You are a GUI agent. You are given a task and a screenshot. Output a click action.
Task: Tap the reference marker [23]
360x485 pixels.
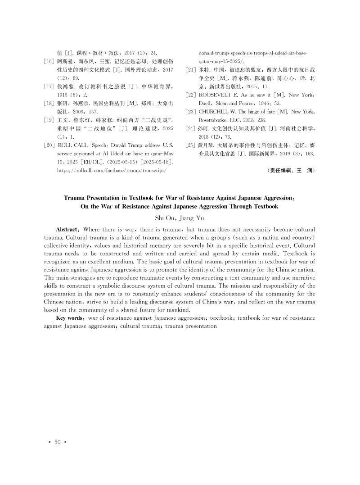(191, 112)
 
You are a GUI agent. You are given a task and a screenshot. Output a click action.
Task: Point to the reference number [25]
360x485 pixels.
(191, 145)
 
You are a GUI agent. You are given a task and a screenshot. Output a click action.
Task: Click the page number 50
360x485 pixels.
(57, 442)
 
